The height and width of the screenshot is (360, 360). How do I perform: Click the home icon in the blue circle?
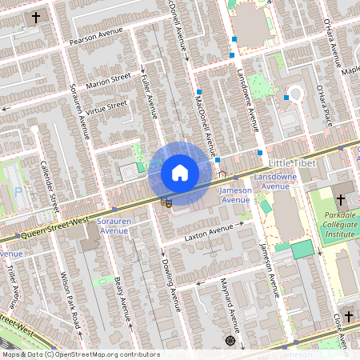(x=179, y=173)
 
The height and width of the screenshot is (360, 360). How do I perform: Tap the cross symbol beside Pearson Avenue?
(x=35, y=17)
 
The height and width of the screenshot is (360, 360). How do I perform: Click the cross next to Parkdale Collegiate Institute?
(x=340, y=199)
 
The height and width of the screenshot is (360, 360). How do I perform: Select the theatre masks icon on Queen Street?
(x=166, y=202)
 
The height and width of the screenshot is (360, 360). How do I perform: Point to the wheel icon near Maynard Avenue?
(x=230, y=341)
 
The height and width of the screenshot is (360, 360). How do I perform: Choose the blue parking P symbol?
(x=18, y=192)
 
